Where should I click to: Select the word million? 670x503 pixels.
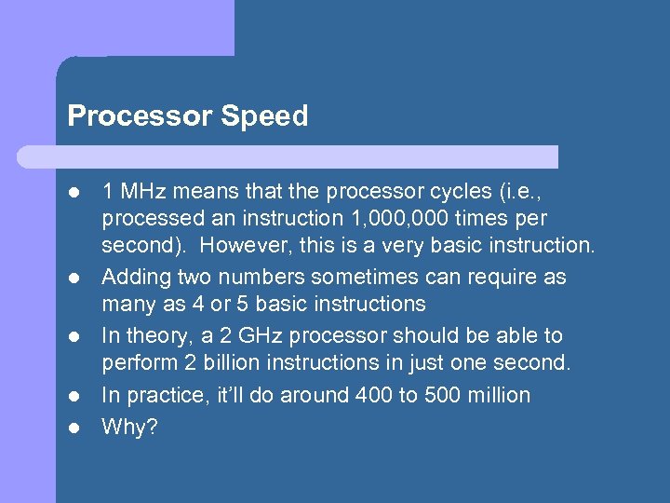(501, 395)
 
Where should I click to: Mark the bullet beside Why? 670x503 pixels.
(74, 428)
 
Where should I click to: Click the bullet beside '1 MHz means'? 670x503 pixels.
(74, 193)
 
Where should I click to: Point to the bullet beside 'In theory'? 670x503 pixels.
(74, 336)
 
